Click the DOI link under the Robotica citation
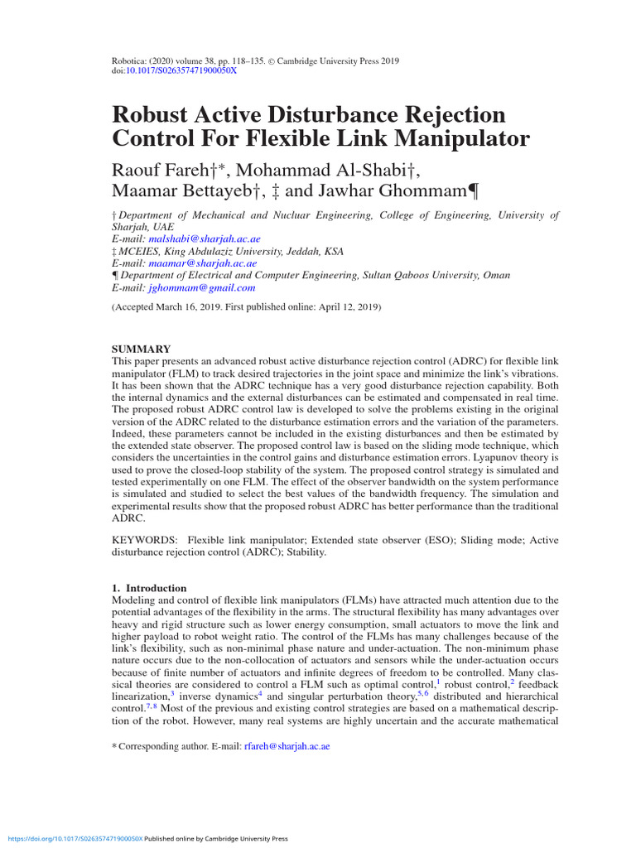pos(181,71)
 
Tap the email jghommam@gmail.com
pos(201,288)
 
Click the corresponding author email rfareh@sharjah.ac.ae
pos(286,746)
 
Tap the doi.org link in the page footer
pos(72,838)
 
